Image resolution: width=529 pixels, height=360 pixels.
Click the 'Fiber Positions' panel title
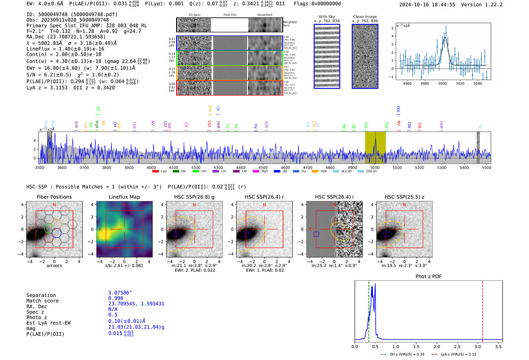click(54, 197)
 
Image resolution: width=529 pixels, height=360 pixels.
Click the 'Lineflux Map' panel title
click(124, 197)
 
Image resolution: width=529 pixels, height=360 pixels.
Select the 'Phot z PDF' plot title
click(428, 277)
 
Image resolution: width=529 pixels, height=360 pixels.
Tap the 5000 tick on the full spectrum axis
click(375, 167)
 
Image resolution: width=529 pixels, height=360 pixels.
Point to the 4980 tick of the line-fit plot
click(425, 83)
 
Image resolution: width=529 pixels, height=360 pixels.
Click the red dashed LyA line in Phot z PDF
click(483, 310)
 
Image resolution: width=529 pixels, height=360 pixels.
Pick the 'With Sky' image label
click(327, 17)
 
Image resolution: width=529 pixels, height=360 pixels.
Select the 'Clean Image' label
click(365, 17)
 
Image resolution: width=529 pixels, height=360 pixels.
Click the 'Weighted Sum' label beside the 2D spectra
click(290, 24)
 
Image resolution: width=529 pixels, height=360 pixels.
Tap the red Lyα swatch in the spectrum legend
click(155, 172)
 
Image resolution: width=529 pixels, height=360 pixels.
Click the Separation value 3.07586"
click(120, 293)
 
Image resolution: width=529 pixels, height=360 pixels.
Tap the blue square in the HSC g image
click(176, 234)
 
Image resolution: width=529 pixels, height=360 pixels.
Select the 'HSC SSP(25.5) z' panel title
click(404, 197)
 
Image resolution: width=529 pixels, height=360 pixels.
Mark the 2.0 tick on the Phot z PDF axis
click(437, 346)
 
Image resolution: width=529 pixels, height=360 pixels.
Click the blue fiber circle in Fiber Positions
click(56, 233)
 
